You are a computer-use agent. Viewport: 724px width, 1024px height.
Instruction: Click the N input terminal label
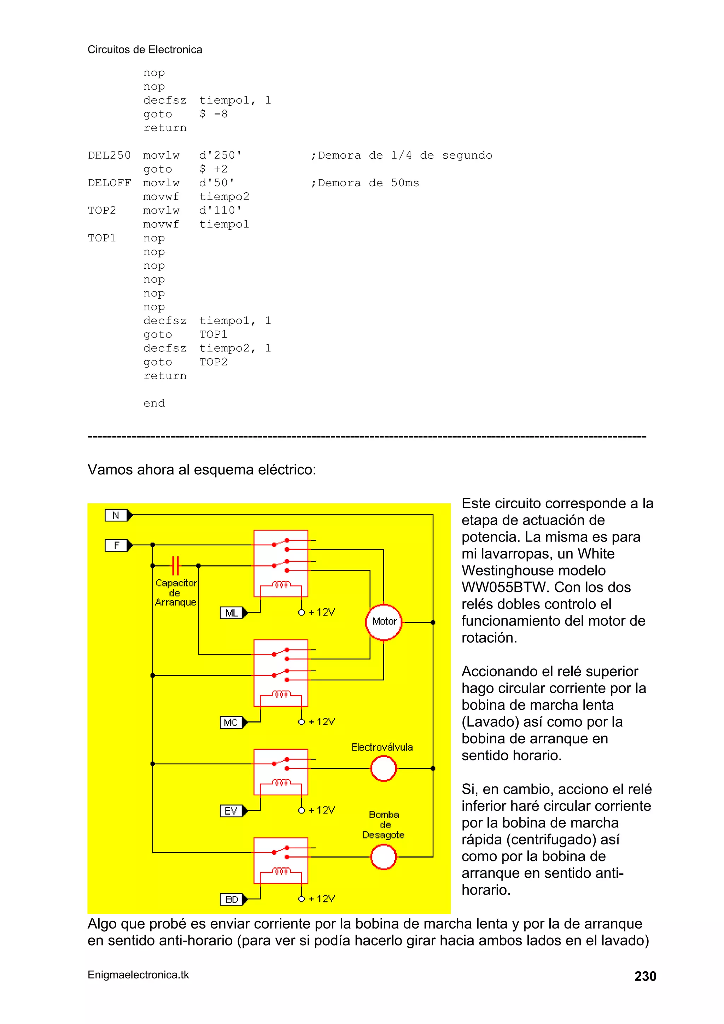[x=116, y=516]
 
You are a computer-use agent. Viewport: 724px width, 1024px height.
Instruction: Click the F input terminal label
[x=116, y=545]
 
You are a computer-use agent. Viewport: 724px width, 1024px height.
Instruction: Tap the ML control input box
[x=231, y=613]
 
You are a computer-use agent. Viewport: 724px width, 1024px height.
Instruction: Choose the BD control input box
[x=231, y=899]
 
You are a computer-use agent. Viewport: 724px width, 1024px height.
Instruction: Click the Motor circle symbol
[x=384, y=622]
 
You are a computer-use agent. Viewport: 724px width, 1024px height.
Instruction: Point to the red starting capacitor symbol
[x=175, y=566]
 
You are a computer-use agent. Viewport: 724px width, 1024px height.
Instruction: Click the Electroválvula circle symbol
[x=383, y=768]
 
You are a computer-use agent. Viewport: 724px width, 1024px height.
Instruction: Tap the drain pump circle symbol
[x=383, y=857]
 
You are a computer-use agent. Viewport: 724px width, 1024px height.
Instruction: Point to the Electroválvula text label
[x=382, y=747]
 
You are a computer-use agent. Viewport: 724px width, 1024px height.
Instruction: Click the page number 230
[x=645, y=976]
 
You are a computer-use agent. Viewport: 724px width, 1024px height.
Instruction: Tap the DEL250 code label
[x=109, y=155]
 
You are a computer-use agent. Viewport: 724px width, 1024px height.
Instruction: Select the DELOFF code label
[x=109, y=183]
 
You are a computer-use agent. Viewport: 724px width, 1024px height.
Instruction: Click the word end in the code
[x=154, y=403]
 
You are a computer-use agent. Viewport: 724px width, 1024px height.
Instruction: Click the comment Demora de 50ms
[x=365, y=183]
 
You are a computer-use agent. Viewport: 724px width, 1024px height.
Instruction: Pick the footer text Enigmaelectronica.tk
[x=138, y=975]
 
